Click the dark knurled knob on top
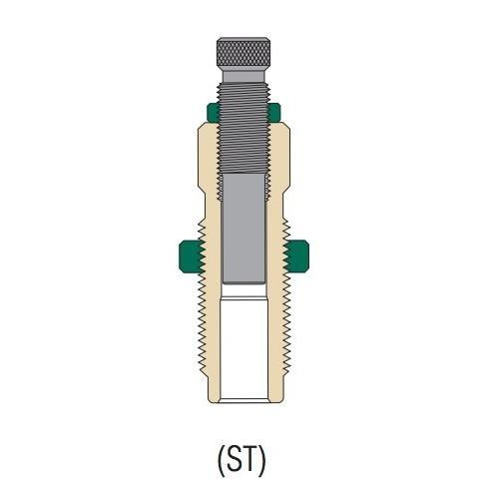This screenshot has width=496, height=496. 244,51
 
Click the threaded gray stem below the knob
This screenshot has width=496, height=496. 244,120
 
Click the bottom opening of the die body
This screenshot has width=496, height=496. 244,400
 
